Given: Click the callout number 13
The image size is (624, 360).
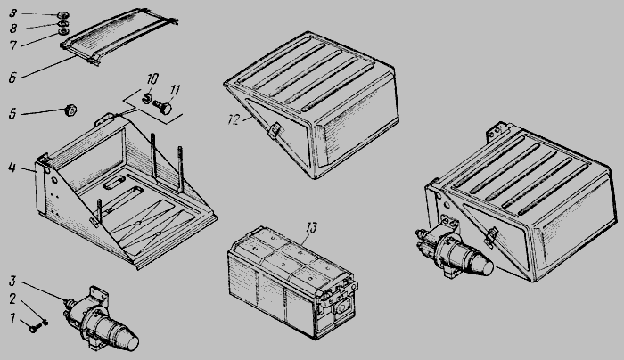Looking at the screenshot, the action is click(x=311, y=228).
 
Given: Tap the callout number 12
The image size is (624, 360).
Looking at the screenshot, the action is click(x=234, y=119).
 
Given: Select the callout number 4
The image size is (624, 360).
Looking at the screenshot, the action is click(x=12, y=168).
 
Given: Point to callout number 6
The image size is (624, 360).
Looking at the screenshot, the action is click(x=12, y=78).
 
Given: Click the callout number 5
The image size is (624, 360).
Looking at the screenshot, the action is click(x=12, y=113).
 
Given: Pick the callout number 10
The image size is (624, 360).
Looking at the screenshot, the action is click(x=152, y=78).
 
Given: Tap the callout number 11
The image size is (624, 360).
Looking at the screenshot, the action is click(x=175, y=90).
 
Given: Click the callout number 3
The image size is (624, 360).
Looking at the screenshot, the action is click(x=12, y=281).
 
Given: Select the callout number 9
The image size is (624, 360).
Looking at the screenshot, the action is click(x=13, y=13).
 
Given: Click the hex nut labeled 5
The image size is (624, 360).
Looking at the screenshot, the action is click(x=70, y=110).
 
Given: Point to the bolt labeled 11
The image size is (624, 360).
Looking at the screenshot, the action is click(x=162, y=107).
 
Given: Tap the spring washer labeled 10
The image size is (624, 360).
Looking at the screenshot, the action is click(x=146, y=98).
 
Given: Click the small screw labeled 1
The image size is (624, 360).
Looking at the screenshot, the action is click(x=34, y=329).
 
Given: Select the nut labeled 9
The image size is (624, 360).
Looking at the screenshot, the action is click(x=63, y=15).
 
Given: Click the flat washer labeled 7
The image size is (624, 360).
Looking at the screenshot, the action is click(x=63, y=32).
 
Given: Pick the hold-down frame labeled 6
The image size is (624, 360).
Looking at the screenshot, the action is click(x=119, y=36).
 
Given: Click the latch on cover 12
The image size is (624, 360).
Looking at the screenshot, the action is click(x=274, y=130).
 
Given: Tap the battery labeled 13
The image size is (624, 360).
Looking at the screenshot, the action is click(x=292, y=282).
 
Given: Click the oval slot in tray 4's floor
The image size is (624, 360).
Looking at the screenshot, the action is click(x=113, y=183).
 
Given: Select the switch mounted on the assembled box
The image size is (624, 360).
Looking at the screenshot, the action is click(x=454, y=250).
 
